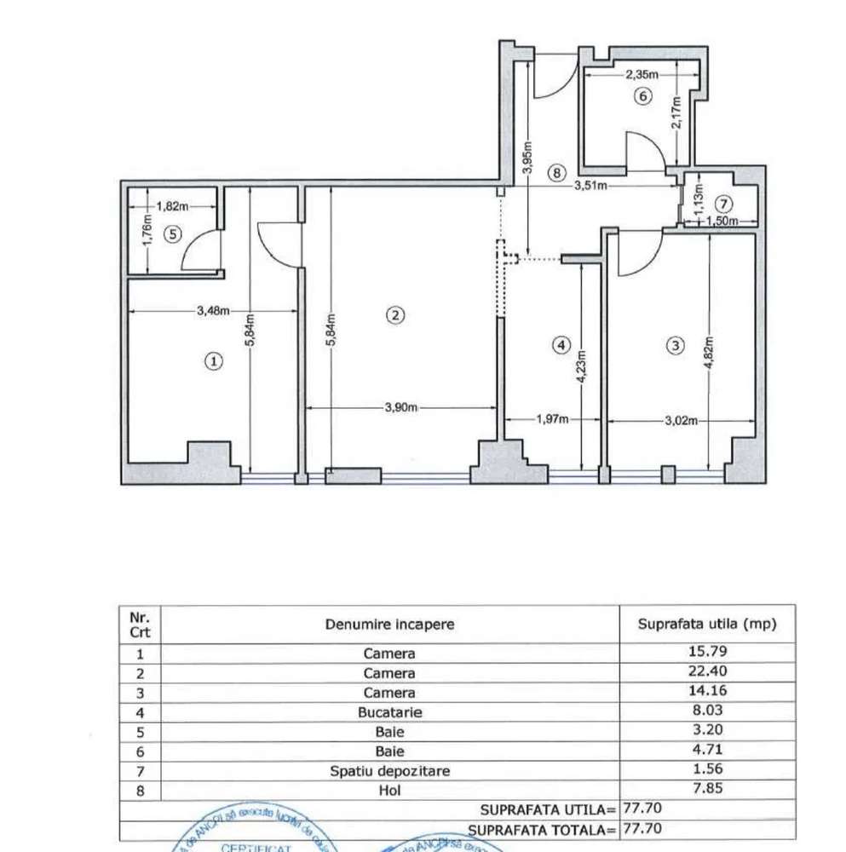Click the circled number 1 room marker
coord(214,361)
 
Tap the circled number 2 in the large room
coord(394,315)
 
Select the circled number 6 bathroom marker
coord(644,96)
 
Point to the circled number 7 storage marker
coord(723,204)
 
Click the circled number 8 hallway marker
coord(555,173)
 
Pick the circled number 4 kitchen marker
coord(560,345)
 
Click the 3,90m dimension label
coord(401,408)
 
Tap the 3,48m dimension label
coord(213,311)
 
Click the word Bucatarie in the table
coord(389,711)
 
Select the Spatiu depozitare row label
coord(389,771)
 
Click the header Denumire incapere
coord(389,625)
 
